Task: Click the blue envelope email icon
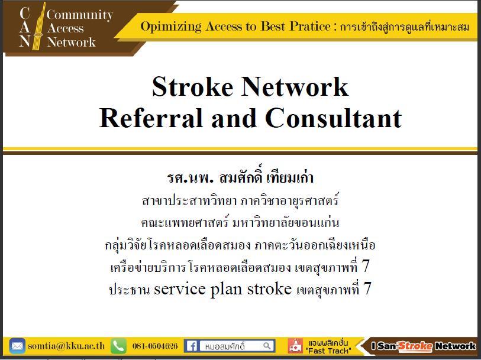click(17, 346)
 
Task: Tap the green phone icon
click(118, 346)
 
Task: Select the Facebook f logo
click(192, 346)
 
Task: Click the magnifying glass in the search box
click(267, 346)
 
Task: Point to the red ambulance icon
click(295, 346)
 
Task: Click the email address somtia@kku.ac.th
click(66, 346)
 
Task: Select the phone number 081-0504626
click(155, 346)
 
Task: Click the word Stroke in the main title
click(193, 87)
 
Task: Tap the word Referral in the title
click(151, 118)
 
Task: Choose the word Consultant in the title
click(334, 118)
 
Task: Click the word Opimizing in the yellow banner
click(171, 27)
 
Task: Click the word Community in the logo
click(80, 15)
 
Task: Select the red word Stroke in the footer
click(415, 346)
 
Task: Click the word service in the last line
click(180, 288)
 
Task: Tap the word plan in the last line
click(226, 289)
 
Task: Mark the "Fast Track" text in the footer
click(328, 351)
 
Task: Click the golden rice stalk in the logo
click(38, 27)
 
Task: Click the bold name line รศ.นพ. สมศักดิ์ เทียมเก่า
click(240, 177)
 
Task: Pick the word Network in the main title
click(295, 87)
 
